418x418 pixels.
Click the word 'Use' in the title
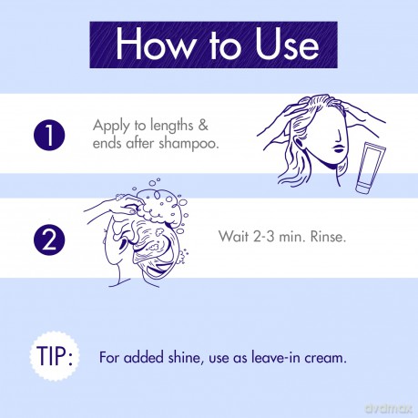click(x=287, y=45)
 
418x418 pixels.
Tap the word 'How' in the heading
click(x=155, y=45)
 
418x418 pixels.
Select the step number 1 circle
click(x=49, y=135)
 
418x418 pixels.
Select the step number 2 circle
click(x=49, y=240)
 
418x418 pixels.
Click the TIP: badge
click(x=55, y=356)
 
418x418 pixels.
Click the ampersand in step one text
click(x=203, y=125)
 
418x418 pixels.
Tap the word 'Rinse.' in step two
click(x=328, y=237)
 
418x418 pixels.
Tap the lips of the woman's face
click(x=339, y=148)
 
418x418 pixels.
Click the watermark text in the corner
click(x=388, y=408)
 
